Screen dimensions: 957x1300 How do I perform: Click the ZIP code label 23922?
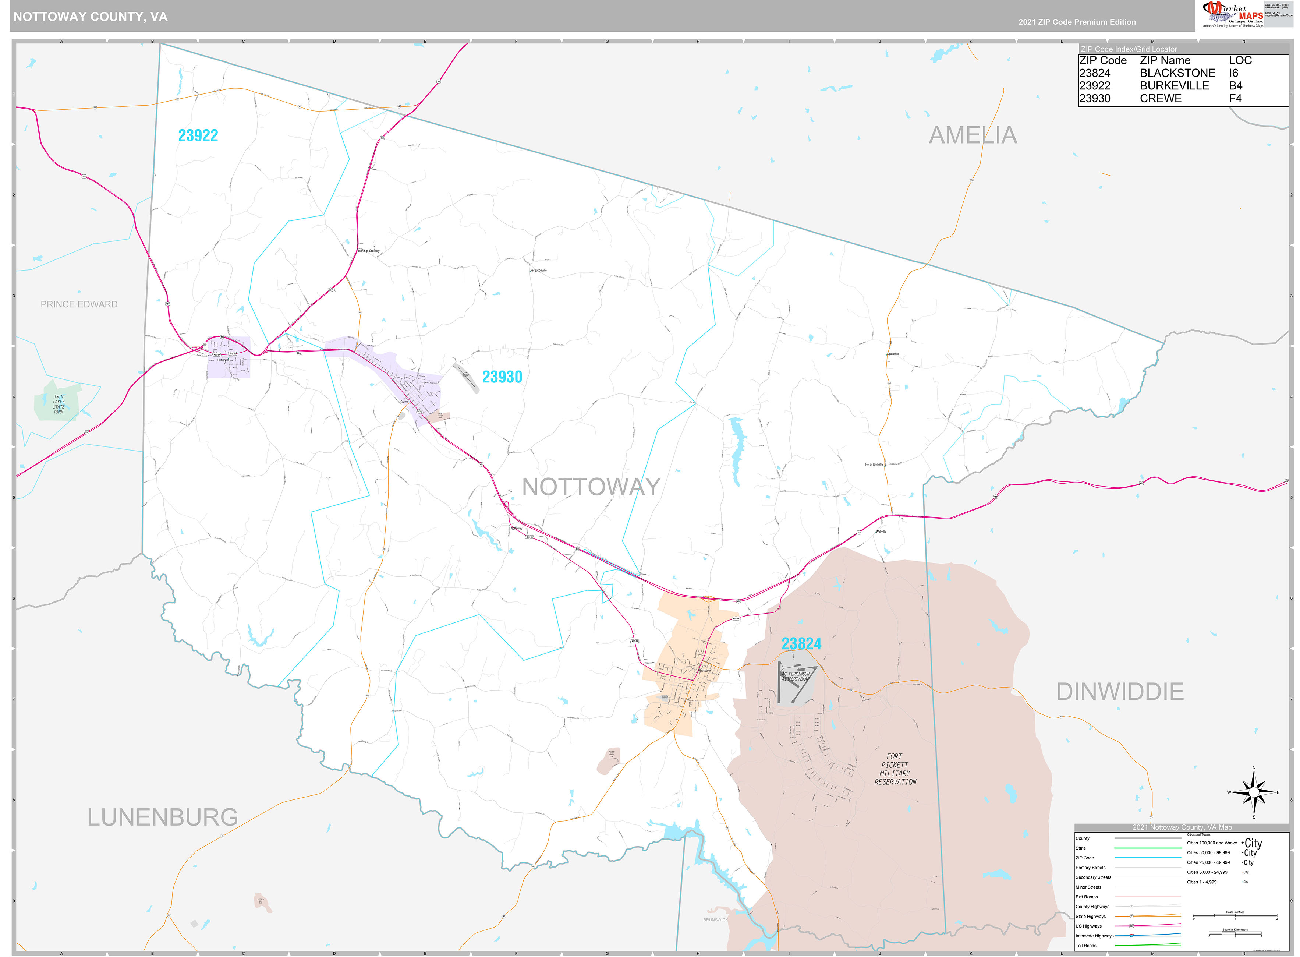point(198,135)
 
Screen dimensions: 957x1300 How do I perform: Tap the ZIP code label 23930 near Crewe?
point(502,377)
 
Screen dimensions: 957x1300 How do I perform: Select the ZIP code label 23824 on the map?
point(801,644)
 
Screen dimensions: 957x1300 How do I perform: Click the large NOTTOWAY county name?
point(591,487)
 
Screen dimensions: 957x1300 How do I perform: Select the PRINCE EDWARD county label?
point(79,304)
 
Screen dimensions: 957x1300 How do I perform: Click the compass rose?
point(1254,792)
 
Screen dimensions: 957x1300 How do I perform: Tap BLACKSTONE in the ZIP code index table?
point(1177,73)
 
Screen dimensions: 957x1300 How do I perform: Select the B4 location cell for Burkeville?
point(1235,86)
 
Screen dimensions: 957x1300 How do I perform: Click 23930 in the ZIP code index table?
point(1094,99)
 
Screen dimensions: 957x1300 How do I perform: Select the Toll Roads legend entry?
point(1086,946)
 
